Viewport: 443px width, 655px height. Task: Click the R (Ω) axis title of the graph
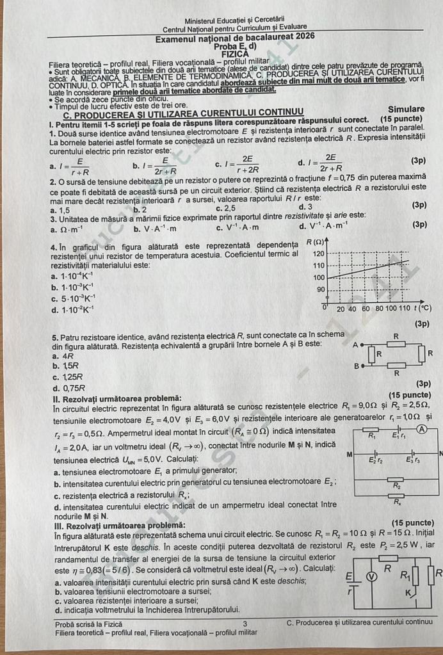click(315, 241)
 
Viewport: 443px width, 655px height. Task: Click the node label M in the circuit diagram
click(348, 454)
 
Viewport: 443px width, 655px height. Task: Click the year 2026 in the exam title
click(302, 36)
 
